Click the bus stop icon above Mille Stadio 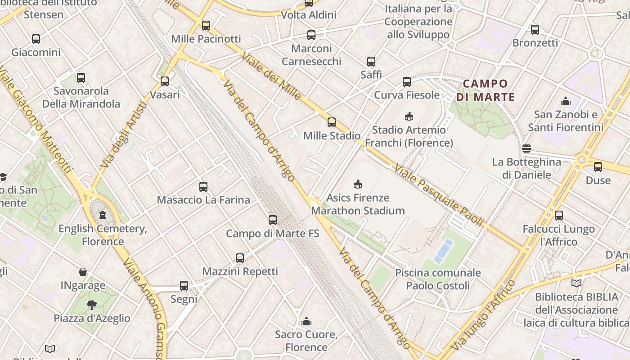[332, 122]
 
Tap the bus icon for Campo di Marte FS [273, 220]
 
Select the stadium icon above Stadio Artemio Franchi [409, 117]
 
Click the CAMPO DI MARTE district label [485, 90]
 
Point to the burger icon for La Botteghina [526, 148]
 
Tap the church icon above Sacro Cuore [306, 321]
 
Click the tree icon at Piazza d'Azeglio [92, 305]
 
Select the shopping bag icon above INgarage [83, 272]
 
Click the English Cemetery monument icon [103, 215]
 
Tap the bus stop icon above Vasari [165, 81]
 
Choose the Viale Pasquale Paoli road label [439, 195]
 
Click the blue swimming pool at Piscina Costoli [444, 251]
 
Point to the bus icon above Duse [598, 167]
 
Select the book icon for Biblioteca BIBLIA [576, 283]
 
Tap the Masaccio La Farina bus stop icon [203, 186]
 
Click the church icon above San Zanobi [566, 101]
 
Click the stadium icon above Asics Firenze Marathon [358, 184]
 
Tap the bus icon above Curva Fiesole [407, 81]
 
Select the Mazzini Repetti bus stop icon [240, 258]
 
